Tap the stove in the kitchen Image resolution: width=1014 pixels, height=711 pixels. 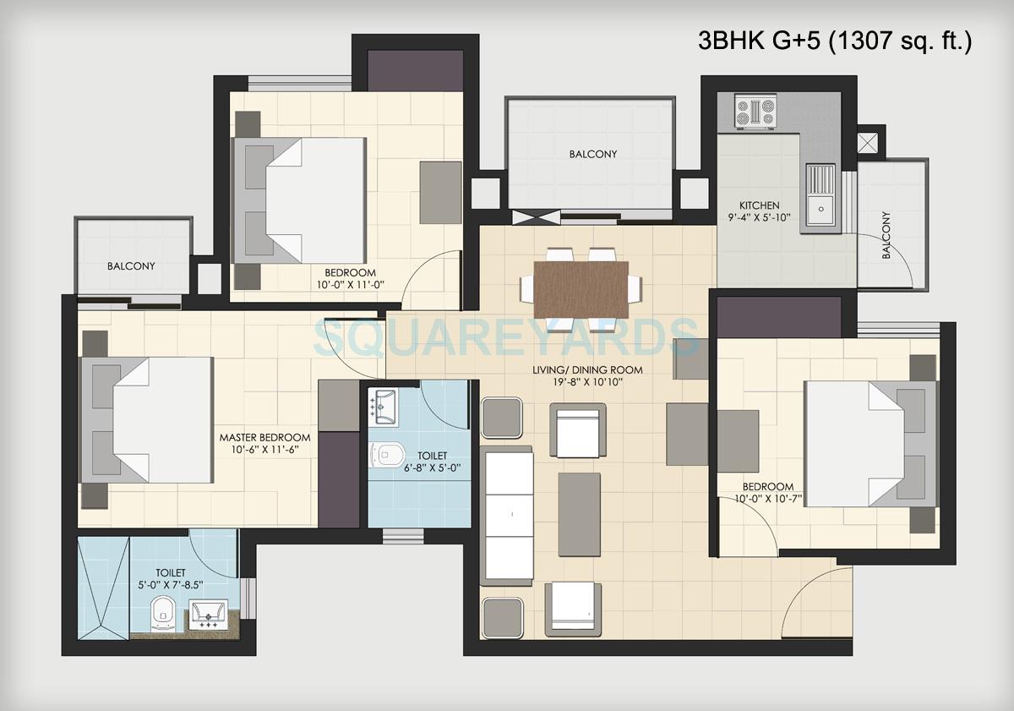point(755,113)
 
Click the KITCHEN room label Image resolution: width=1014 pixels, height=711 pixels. point(759,205)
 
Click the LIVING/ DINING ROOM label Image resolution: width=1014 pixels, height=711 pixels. point(587,369)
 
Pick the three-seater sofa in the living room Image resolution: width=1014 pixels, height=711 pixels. point(508,515)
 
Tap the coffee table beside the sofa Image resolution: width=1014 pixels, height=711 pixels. point(579,514)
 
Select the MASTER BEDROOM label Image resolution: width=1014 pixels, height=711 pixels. point(264,437)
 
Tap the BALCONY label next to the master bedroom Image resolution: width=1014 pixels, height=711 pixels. point(131,265)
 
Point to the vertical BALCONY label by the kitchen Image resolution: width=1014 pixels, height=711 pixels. point(886,236)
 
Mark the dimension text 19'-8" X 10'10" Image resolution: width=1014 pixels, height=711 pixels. point(587,382)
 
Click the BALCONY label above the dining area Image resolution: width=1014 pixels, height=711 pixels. point(592,154)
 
